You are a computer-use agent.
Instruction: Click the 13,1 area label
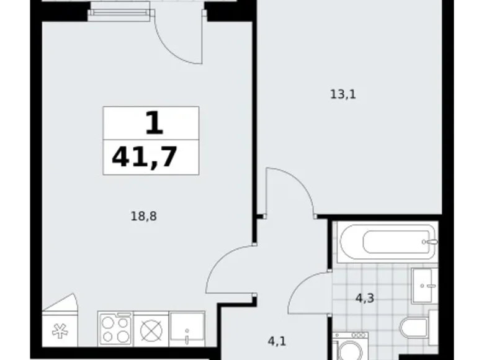coord(343,94)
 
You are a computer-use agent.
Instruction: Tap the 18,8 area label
coord(144,216)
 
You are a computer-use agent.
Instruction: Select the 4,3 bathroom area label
coord(365,299)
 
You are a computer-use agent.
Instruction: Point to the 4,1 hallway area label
coord(277,341)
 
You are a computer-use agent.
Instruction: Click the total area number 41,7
coord(145,156)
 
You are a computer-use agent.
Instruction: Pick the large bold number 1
coord(155,122)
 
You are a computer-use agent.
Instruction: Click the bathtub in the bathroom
coord(387,243)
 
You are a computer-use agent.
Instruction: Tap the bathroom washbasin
coord(424,286)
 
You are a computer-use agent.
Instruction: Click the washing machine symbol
coord(351,346)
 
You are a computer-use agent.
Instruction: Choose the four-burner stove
coord(115,328)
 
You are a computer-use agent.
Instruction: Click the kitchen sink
coord(187,328)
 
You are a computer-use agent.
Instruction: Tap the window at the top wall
coord(119,12)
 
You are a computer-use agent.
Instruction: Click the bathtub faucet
coord(430,242)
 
